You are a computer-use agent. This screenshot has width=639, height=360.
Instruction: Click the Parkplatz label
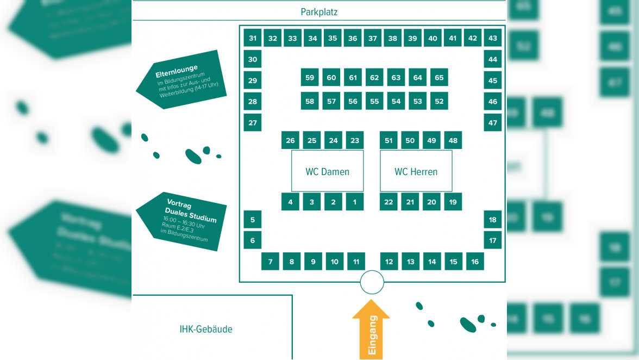[x=319, y=12]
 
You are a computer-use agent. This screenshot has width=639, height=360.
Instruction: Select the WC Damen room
[x=327, y=171]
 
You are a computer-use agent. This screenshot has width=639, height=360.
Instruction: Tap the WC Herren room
[x=416, y=171]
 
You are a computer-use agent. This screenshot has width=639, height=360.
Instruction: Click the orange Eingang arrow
[x=371, y=329]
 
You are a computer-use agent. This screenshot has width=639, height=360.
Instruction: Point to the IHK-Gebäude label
[x=206, y=329]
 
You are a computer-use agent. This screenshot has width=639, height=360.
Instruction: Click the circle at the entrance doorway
[x=372, y=282]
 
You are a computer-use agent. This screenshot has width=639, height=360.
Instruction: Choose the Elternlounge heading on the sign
[x=177, y=71]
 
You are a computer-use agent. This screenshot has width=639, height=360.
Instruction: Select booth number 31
[x=253, y=38]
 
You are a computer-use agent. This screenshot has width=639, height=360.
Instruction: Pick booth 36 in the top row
[x=353, y=38]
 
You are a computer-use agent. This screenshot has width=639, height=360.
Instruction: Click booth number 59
[x=310, y=78]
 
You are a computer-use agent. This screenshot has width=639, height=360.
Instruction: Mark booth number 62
[x=374, y=78]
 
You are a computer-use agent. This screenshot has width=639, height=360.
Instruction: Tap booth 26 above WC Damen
[x=290, y=140]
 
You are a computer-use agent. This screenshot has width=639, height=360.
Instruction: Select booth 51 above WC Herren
[x=389, y=140]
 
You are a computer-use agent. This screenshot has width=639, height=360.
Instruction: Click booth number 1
[x=355, y=202]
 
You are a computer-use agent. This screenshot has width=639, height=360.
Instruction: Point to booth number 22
[x=389, y=202]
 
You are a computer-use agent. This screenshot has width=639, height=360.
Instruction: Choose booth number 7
[x=270, y=262]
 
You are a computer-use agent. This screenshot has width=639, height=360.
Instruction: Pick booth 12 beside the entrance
[x=389, y=262]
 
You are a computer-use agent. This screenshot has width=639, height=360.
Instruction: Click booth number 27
[x=253, y=122]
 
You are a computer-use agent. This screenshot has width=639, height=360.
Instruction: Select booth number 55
[x=374, y=101]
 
